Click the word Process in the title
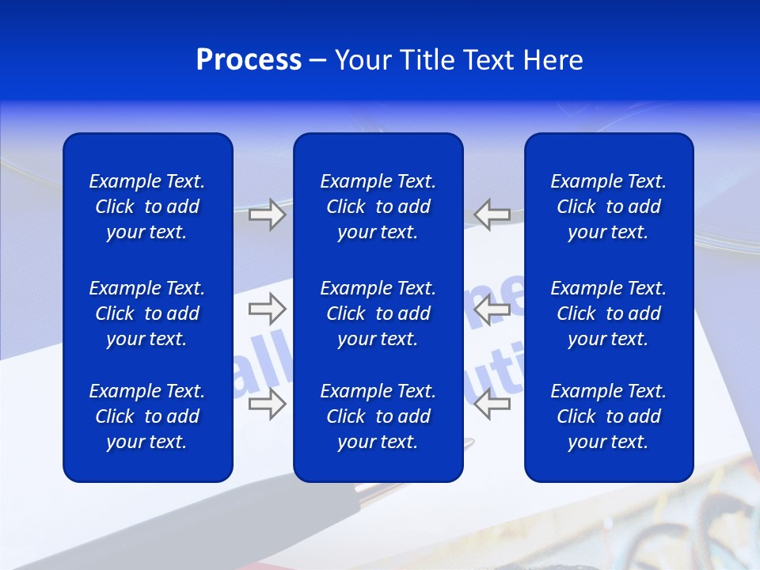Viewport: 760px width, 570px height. point(249,60)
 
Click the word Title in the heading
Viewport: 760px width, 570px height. point(427,60)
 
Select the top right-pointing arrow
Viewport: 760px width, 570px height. point(267,215)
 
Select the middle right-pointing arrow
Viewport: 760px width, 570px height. point(267,309)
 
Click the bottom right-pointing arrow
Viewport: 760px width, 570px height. point(267,404)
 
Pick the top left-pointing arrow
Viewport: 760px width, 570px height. point(492,215)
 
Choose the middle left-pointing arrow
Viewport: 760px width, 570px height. point(492,309)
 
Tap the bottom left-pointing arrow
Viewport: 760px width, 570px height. point(492,404)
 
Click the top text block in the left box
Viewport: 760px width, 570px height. point(147,207)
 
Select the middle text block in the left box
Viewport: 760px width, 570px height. point(147,313)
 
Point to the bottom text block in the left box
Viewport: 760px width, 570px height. point(147,416)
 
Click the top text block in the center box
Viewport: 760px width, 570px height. point(378,207)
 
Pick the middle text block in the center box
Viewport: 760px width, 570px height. point(378,313)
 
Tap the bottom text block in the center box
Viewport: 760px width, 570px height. point(378,416)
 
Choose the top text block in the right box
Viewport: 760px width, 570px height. point(608,207)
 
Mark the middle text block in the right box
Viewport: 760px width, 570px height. point(608,313)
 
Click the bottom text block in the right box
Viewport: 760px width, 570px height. point(608,416)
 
